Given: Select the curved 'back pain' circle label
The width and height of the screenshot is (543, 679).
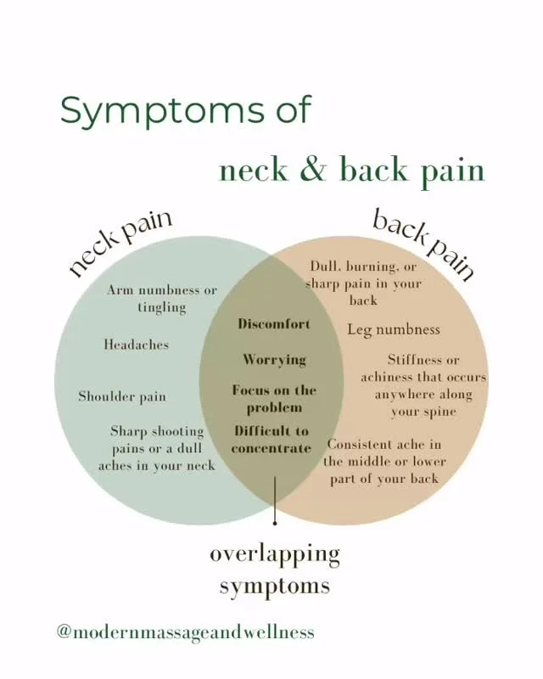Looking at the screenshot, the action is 423,244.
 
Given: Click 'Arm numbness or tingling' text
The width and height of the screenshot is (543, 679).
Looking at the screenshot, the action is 162,298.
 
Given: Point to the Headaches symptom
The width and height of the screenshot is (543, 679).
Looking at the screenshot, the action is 136,345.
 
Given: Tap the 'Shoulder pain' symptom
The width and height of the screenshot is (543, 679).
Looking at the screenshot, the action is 122,396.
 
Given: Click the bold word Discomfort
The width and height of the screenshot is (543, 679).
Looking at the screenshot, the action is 274,324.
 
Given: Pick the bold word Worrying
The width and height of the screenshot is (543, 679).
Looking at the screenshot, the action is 274,360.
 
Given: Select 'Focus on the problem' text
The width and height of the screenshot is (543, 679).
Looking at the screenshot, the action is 274,398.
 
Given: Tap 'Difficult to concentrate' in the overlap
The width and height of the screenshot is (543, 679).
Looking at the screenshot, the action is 271,440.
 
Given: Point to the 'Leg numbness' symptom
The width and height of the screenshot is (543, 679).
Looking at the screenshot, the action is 394,329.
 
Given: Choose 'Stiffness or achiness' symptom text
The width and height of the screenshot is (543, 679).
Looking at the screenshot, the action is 423,385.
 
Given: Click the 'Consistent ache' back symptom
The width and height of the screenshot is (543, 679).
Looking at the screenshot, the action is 384,461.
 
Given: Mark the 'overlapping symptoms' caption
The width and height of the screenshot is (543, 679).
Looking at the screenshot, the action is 275,570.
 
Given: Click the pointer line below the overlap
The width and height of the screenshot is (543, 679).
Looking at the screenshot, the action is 275,501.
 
